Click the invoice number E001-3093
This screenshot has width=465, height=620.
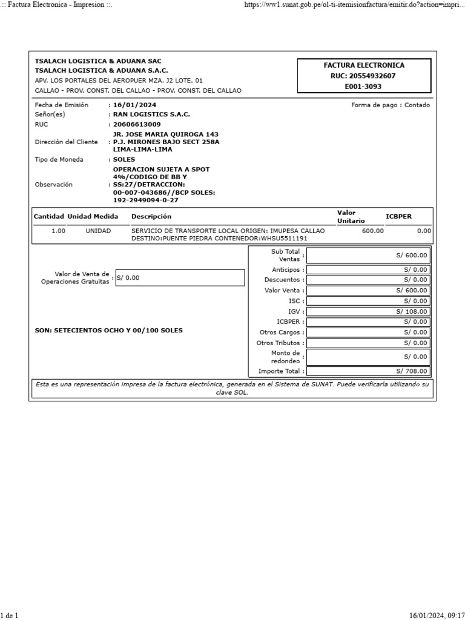[363, 87]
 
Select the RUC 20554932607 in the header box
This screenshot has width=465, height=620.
[363, 76]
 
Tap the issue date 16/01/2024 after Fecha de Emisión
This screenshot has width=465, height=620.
[131, 105]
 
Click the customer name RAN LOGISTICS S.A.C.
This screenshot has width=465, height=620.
[151, 114]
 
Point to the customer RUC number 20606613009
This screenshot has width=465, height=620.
[137, 124]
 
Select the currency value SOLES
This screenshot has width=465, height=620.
[124, 159]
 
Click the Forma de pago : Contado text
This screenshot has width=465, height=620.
[390, 105]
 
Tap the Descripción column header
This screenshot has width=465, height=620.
[151, 216]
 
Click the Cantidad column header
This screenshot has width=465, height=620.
[48, 216]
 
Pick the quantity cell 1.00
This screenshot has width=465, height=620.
[58, 231]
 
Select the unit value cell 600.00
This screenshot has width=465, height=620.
[372, 231]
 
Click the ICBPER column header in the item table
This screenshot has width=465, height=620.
[398, 216]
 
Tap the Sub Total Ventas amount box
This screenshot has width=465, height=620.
[369, 256]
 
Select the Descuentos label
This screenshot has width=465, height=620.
[282, 280]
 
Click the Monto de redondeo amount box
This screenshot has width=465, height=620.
[369, 357]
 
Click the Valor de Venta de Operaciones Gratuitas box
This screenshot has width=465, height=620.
[180, 278]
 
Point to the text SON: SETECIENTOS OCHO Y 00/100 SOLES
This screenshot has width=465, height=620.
[109, 331]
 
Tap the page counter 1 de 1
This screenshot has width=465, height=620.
[9, 616]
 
